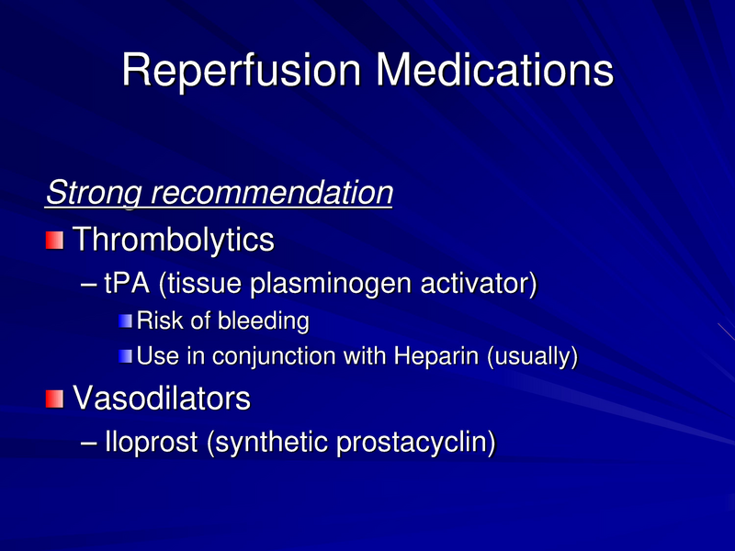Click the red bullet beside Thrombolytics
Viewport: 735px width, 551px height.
pyautogui.click(x=55, y=241)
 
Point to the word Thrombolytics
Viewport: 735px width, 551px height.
pyautogui.click(x=174, y=241)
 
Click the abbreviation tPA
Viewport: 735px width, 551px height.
pyautogui.click(x=129, y=284)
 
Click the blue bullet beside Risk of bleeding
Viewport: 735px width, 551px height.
pyautogui.click(x=126, y=322)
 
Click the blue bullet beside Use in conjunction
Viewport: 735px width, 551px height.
pyautogui.click(x=126, y=355)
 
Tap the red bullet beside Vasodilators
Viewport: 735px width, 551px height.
pyautogui.click(x=55, y=399)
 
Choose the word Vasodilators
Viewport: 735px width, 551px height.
pyautogui.click(x=162, y=399)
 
